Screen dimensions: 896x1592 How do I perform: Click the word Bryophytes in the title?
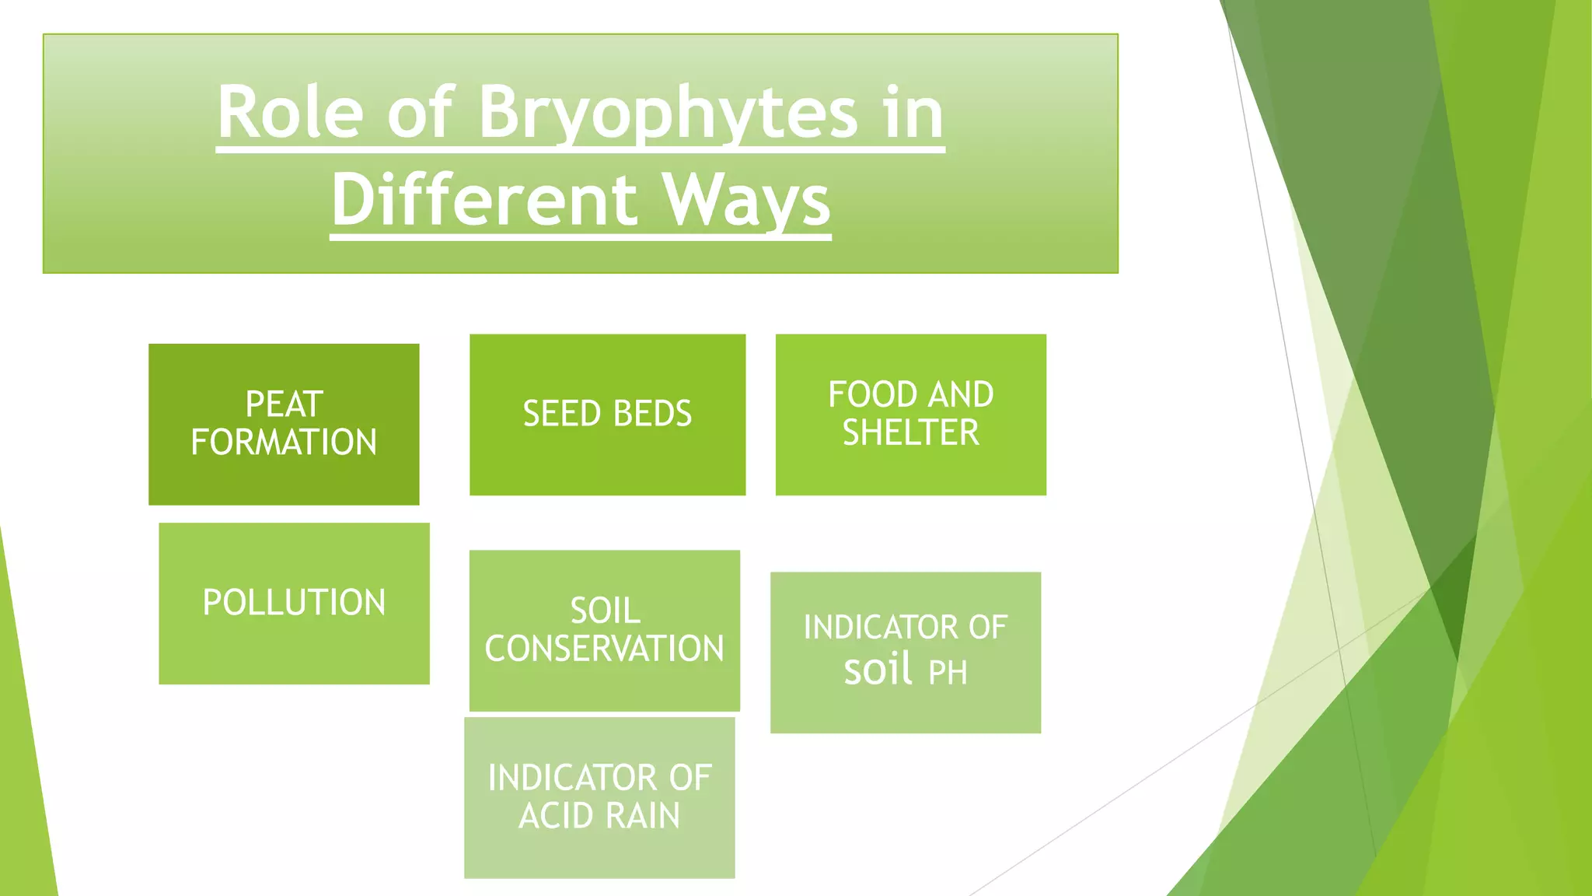tap(667, 114)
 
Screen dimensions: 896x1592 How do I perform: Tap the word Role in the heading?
tap(290, 114)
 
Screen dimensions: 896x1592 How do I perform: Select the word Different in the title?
tap(484, 201)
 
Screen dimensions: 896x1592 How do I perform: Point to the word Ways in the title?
tap(746, 201)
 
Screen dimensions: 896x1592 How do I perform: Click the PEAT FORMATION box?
tap(284, 425)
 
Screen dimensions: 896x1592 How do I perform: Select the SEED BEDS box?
tap(607, 415)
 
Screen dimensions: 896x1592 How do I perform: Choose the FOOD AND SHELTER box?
tap(910, 415)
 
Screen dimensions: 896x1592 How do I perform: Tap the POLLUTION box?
tap(294, 604)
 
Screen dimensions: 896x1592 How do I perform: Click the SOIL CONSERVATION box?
tap(604, 630)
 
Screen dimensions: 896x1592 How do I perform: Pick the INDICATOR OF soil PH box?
tap(905, 652)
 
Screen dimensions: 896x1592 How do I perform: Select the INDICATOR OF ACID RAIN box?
tap(599, 797)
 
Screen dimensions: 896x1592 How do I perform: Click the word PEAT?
tap(284, 404)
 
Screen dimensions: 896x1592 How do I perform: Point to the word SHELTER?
tap(910, 433)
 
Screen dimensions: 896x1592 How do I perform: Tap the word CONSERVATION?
tap(604, 649)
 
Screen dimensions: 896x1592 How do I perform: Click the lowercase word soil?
tap(878, 669)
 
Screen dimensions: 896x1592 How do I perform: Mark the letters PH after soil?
tap(948, 673)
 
